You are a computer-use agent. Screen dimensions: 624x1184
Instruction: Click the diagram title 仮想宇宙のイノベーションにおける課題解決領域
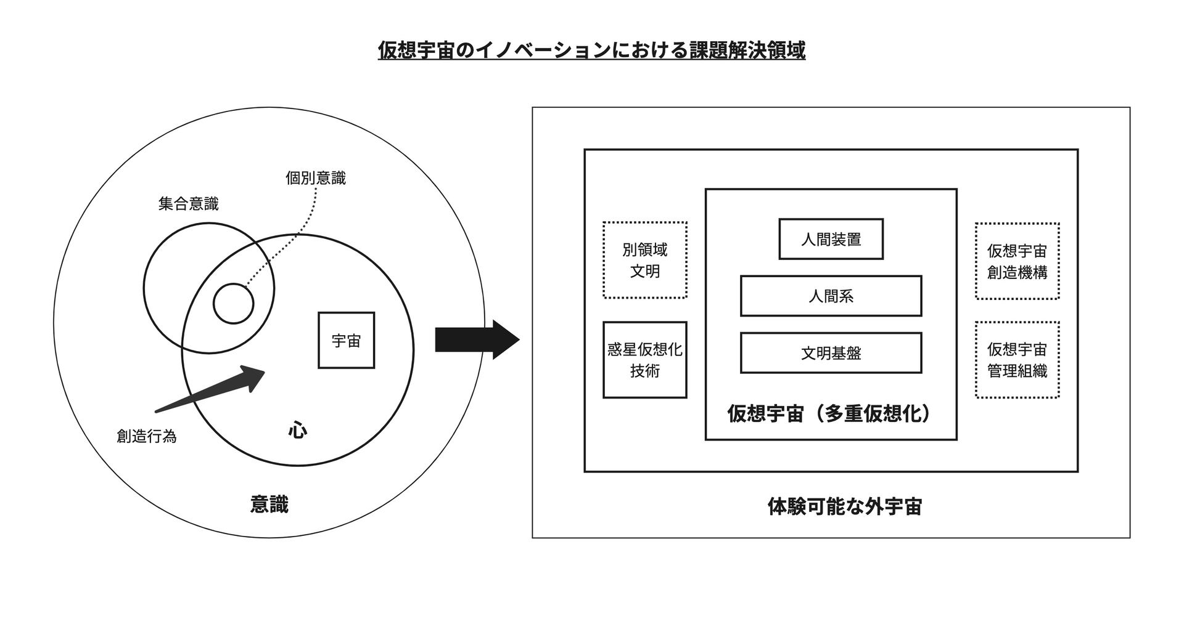(x=591, y=51)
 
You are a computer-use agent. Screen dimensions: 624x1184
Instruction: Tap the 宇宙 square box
(x=346, y=340)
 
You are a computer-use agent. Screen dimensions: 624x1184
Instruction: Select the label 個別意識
(x=315, y=178)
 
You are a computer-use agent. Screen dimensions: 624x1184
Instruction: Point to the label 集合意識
(x=188, y=203)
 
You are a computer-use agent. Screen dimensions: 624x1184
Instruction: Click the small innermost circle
(x=233, y=303)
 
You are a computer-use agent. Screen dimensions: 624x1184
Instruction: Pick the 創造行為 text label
(x=147, y=436)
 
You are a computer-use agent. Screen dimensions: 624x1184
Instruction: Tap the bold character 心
(x=297, y=429)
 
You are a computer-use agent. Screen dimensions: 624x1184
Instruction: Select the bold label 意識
(x=269, y=504)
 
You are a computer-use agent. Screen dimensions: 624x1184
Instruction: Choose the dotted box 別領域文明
(x=644, y=260)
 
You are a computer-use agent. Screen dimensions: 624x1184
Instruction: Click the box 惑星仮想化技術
(x=644, y=360)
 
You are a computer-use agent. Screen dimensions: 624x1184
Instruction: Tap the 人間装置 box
(x=831, y=239)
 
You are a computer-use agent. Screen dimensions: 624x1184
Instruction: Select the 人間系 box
(x=831, y=296)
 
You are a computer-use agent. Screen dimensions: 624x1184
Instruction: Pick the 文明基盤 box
(x=831, y=353)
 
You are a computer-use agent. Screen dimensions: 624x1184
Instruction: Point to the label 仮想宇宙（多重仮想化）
(x=831, y=413)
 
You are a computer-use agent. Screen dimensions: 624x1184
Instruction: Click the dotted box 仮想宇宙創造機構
(x=1017, y=261)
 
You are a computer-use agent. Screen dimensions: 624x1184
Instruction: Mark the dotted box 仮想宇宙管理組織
(x=1017, y=360)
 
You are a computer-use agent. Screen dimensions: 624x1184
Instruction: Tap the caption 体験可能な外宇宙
(x=844, y=506)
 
